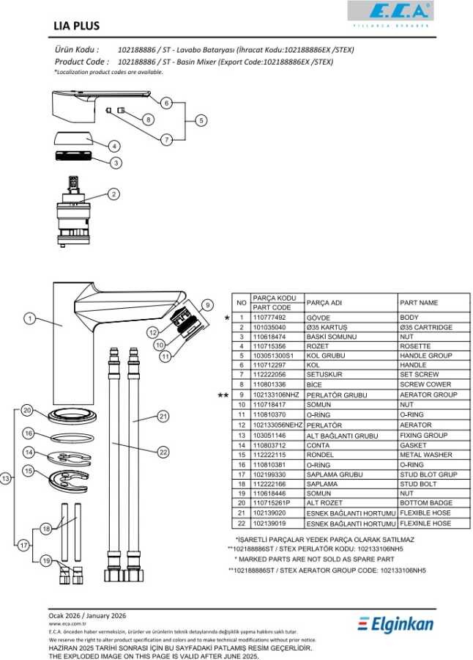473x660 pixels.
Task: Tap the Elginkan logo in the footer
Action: pyautogui.click(x=395, y=624)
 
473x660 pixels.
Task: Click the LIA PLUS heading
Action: pyautogui.click(x=77, y=26)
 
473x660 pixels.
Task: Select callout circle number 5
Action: pyautogui.click(x=201, y=120)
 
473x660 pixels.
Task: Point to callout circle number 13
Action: pyautogui.click(x=5, y=478)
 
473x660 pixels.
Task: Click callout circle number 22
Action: pyautogui.click(x=163, y=452)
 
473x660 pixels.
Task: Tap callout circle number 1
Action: pyautogui.click(x=29, y=319)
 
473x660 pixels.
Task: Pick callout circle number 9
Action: pyautogui.click(x=207, y=305)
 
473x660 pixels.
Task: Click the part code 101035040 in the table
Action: pyautogui.click(x=269, y=327)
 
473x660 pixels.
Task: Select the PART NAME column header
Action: pyautogui.click(x=419, y=303)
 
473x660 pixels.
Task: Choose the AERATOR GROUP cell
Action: pyautogui.click(x=428, y=395)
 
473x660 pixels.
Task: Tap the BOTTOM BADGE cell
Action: pyautogui.click(x=426, y=503)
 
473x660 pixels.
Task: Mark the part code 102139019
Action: pyautogui.click(x=269, y=524)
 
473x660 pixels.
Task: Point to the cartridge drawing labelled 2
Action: pyautogui.click(x=73, y=212)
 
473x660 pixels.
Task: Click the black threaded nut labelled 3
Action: pyautogui.click(x=73, y=155)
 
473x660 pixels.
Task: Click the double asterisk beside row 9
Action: pyautogui.click(x=223, y=395)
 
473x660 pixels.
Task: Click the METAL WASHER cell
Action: pyautogui.click(x=426, y=455)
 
